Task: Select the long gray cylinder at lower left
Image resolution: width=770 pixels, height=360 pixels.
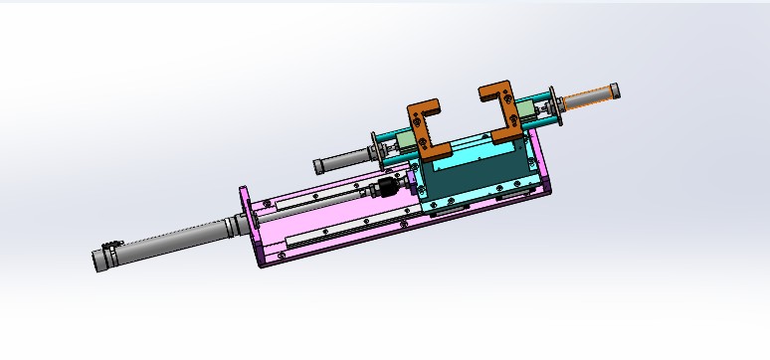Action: [x=169, y=243]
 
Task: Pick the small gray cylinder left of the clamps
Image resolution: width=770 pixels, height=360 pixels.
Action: [x=342, y=159]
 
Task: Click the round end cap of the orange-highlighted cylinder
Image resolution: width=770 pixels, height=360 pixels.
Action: [x=617, y=91]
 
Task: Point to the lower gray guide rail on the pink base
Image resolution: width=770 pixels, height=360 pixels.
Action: [x=348, y=229]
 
